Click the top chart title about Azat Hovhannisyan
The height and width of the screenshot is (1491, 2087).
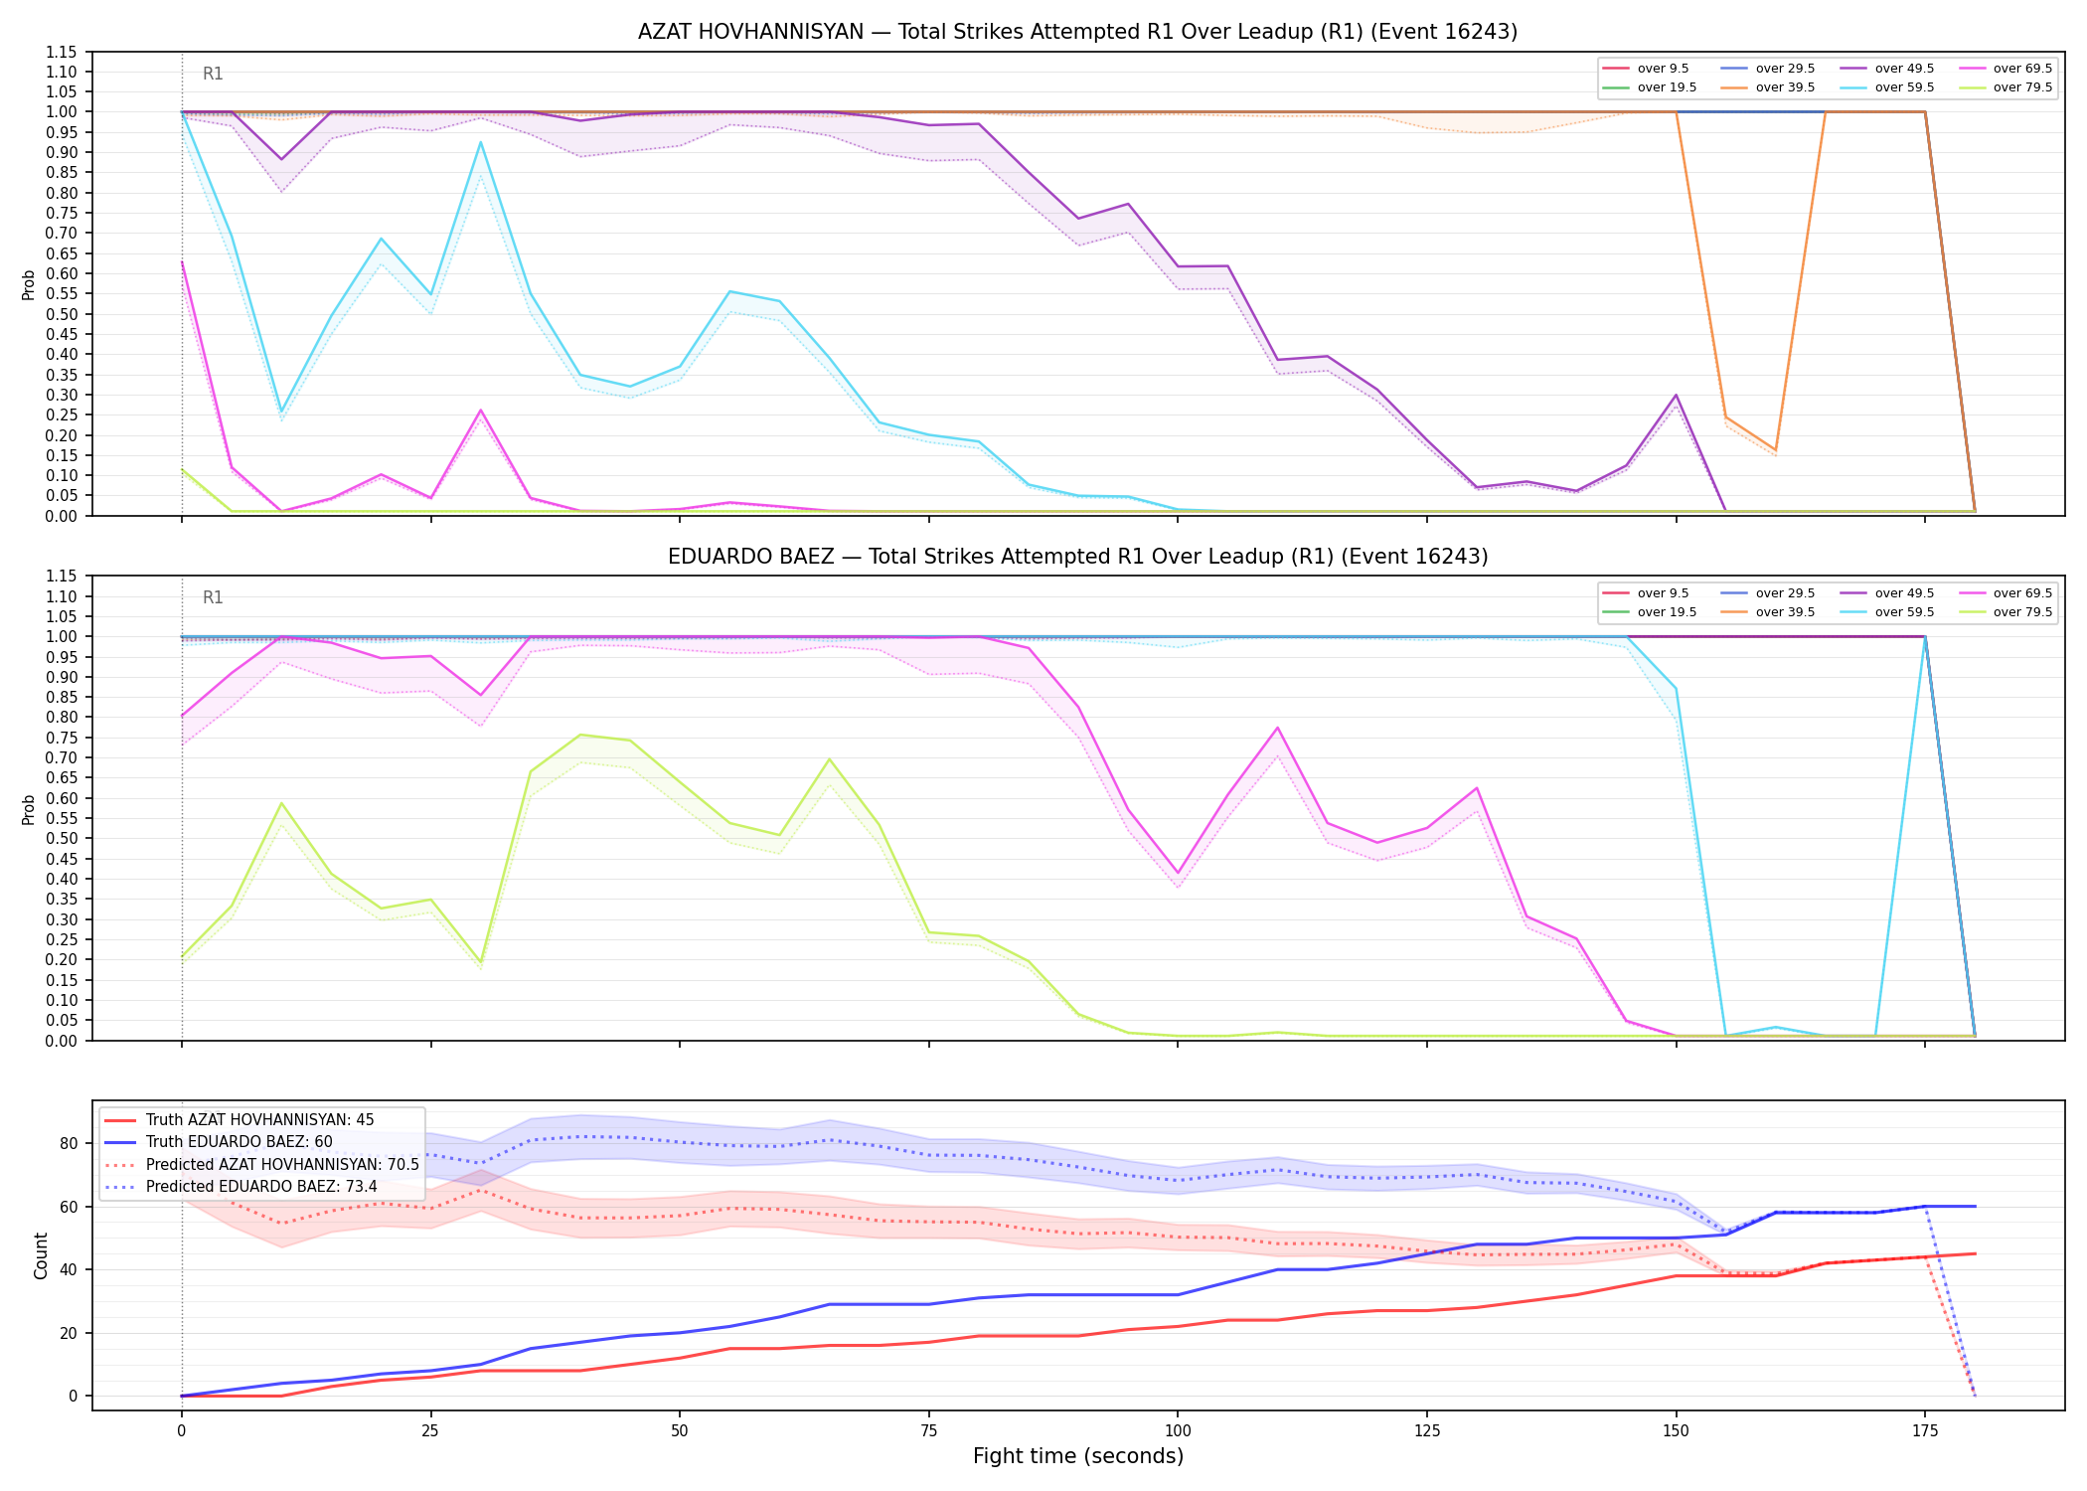point(1077,32)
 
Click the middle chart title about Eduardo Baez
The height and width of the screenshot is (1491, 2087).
point(1077,557)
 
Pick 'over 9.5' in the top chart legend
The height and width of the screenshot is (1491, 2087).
point(1663,69)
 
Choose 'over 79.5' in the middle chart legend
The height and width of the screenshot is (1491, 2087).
point(2022,612)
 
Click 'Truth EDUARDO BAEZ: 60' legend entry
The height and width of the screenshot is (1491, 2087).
point(239,1142)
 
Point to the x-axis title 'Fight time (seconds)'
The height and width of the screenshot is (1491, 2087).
point(1078,1456)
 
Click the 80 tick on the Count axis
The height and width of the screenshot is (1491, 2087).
point(69,1143)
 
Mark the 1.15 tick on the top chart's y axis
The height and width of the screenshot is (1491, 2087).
point(62,52)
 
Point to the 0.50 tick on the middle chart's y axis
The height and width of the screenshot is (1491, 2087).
point(62,838)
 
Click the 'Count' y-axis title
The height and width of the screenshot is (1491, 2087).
point(41,1255)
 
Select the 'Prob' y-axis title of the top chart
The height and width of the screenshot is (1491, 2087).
point(29,284)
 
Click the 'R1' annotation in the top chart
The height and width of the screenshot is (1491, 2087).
point(213,74)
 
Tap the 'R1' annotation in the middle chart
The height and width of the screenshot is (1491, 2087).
point(213,597)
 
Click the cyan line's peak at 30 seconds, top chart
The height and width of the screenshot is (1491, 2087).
point(481,142)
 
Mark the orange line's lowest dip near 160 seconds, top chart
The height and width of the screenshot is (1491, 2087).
point(1776,450)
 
